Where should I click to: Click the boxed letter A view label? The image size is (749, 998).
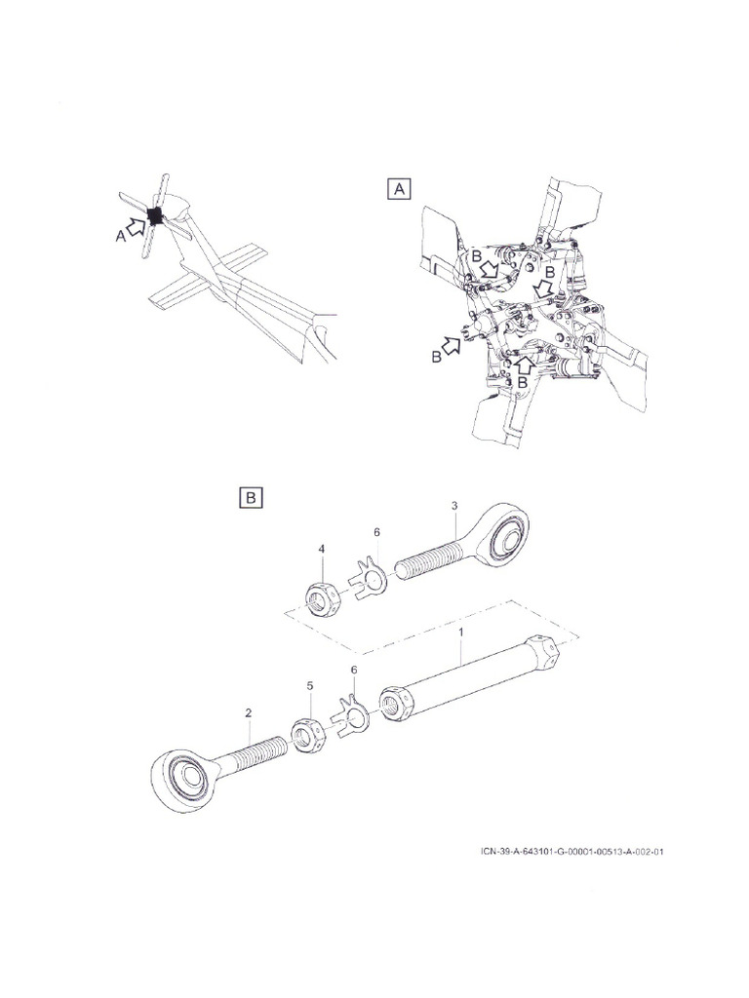(398, 189)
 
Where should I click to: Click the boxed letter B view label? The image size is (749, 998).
(251, 498)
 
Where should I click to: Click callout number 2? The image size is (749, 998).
(249, 712)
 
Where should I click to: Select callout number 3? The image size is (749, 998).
(454, 506)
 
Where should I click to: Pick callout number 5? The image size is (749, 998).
(310, 686)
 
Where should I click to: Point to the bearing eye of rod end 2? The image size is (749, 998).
(185, 778)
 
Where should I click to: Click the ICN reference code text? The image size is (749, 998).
(574, 850)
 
